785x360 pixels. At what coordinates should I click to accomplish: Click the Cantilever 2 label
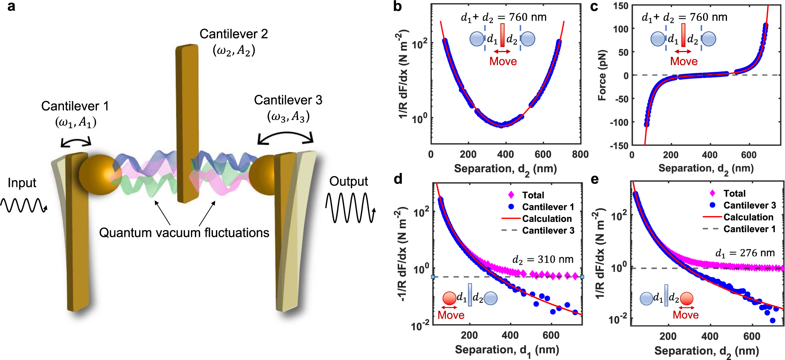[x=234, y=34]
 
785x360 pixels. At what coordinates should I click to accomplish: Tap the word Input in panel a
[x=22, y=183]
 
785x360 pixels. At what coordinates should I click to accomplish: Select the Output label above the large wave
[x=349, y=181]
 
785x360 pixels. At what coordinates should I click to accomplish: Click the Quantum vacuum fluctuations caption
[x=184, y=233]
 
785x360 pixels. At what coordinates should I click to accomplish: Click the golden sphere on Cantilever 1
[x=100, y=174]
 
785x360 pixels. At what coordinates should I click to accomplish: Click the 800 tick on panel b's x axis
[x=580, y=155]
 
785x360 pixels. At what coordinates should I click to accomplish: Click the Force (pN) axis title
[x=602, y=75]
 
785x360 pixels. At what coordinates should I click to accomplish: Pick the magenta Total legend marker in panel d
[x=511, y=195]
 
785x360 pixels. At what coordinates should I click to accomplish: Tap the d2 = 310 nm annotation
[x=543, y=259]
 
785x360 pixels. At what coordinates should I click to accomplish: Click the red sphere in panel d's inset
[x=449, y=298]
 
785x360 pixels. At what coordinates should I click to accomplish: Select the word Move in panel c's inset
[x=684, y=61]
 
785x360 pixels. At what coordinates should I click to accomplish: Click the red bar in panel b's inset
[x=502, y=36]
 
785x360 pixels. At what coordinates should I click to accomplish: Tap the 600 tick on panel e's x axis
[x=751, y=336]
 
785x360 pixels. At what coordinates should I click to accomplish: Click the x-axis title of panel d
[x=507, y=350]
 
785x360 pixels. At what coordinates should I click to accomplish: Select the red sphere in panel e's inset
[x=687, y=299]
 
